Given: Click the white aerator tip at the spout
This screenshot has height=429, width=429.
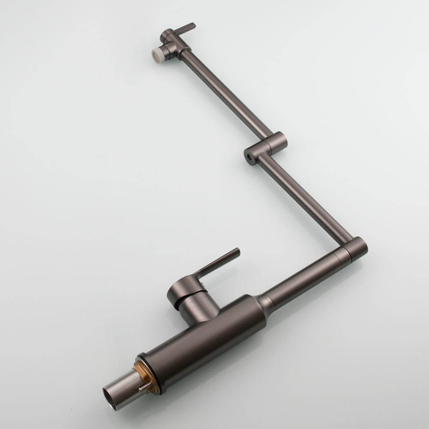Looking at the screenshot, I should [157, 54].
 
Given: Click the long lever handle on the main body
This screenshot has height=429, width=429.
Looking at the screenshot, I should [219, 262].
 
